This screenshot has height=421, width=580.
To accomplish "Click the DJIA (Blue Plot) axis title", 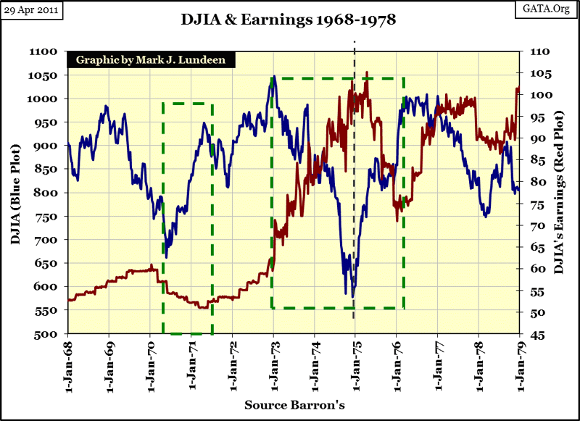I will tap(16, 194).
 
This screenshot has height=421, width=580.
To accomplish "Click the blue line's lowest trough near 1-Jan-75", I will tap(352, 296).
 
